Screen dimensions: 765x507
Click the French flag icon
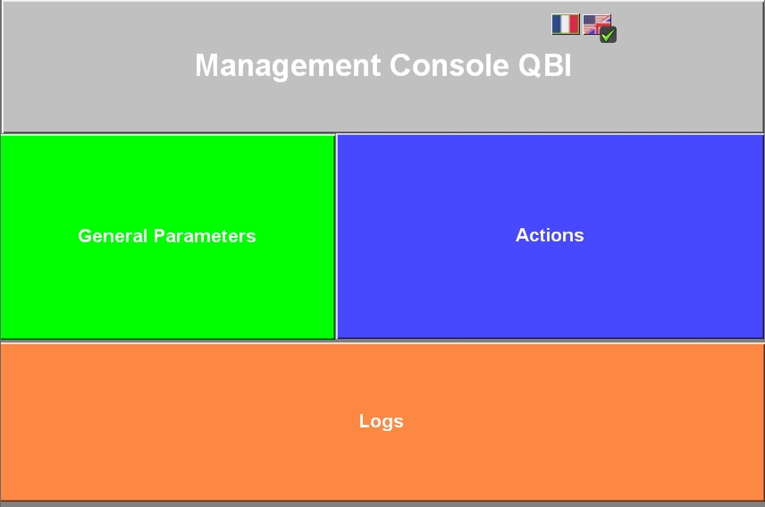coord(566,24)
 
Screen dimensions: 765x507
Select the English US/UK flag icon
coord(597,24)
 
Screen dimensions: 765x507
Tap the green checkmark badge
coord(608,35)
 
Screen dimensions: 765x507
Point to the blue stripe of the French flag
coord(557,24)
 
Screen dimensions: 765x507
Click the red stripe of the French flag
coord(575,24)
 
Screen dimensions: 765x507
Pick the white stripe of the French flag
coord(566,24)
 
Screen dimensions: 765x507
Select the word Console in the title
coord(450,65)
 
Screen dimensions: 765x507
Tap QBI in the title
coord(544,65)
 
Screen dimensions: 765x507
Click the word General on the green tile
coord(113,236)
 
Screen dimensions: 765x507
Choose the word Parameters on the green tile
coord(205,236)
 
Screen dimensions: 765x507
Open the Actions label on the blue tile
coord(550,235)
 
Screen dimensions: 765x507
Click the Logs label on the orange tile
coord(381,421)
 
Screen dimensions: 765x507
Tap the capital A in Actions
coord(522,235)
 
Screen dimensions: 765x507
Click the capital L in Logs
coord(364,421)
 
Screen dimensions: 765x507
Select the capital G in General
coord(86,236)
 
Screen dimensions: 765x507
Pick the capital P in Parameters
coord(160,236)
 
